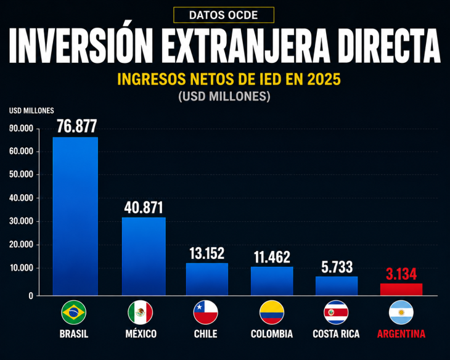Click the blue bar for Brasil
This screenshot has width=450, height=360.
click(x=75, y=216)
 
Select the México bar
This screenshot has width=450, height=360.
click(x=144, y=256)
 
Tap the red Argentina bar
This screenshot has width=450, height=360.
click(x=401, y=289)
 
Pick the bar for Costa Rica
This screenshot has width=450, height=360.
click(x=337, y=286)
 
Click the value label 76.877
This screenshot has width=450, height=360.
click(x=76, y=126)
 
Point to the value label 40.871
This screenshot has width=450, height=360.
click(x=144, y=208)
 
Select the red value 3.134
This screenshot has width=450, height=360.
click(x=401, y=274)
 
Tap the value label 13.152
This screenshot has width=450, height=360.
click(x=207, y=253)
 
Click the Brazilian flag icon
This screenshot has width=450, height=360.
click(x=74, y=313)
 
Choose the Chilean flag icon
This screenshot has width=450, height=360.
click(x=206, y=313)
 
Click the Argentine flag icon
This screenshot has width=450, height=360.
click(x=401, y=313)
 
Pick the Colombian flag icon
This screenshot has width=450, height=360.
click(x=272, y=313)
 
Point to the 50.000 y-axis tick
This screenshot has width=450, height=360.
click(x=21, y=174)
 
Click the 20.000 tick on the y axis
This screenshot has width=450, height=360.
click(x=21, y=245)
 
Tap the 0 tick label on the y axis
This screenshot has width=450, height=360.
click(x=31, y=296)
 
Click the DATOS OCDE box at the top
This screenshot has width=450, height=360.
click(x=224, y=15)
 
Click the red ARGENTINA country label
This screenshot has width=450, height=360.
click(x=401, y=334)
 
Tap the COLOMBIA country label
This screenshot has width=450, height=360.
click(x=272, y=334)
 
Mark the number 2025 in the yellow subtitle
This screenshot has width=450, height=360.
click(x=324, y=80)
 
